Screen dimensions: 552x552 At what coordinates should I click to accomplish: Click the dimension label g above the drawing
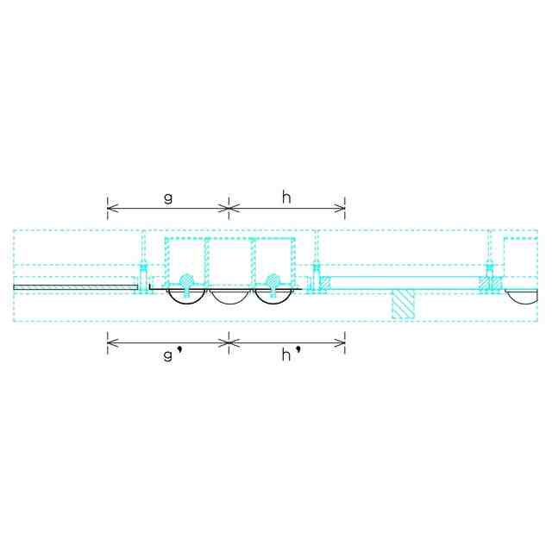pos(168,198)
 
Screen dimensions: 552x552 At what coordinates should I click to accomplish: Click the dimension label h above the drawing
pos(286,198)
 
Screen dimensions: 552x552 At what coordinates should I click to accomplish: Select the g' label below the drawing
pos(173,354)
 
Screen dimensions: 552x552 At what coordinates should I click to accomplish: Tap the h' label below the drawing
pos(292,354)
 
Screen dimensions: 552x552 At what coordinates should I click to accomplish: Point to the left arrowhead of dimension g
pos(112,209)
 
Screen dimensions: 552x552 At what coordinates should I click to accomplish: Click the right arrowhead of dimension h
pos(340,209)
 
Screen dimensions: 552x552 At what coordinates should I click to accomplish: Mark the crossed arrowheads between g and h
pos(229,209)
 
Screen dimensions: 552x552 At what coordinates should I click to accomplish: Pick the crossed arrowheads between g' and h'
pos(229,342)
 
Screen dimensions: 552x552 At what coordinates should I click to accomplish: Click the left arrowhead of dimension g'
pos(112,342)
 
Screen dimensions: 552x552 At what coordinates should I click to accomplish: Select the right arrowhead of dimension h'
pos(340,342)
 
